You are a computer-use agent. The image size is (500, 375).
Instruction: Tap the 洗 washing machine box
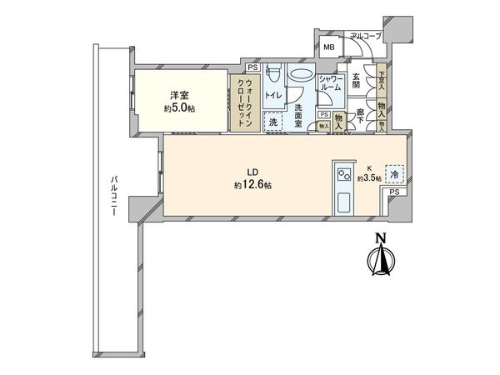273,122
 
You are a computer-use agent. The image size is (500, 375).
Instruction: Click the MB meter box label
327,47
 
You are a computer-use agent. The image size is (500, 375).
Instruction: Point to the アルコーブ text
365,37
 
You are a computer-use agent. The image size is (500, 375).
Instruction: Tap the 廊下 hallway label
361,117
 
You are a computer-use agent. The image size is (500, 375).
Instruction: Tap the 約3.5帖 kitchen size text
369,177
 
